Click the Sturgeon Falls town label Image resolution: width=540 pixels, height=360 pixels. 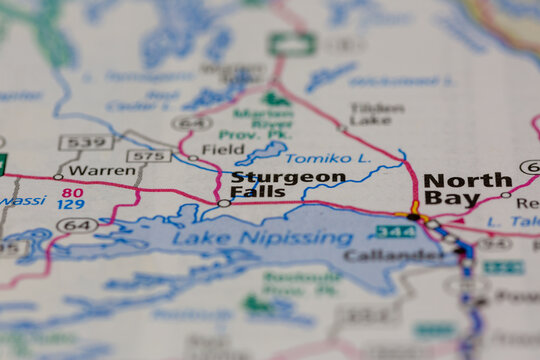click(288, 186)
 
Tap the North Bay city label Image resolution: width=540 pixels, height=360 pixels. click(467, 189)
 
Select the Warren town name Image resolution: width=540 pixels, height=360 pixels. click(102, 170)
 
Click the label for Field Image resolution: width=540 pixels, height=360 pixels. click(222, 149)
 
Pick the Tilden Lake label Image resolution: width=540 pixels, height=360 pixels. click(377, 113)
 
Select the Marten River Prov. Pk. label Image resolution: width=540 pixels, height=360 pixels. click(263, 121)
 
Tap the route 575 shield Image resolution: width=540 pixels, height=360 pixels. click(148, 155)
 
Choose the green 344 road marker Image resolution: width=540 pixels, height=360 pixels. click(394, 232)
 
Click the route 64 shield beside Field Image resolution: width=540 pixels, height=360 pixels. click(191, 123)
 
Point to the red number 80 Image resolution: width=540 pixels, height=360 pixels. click(72, 192)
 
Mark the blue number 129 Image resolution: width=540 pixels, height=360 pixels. click(70, 205)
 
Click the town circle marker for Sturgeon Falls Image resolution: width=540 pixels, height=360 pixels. click(224, 203)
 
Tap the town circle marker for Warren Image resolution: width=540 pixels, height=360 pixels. click(58, 177)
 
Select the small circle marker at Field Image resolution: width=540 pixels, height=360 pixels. click(194, 157)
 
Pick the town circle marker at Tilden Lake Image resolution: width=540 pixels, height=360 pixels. click(341, 128)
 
